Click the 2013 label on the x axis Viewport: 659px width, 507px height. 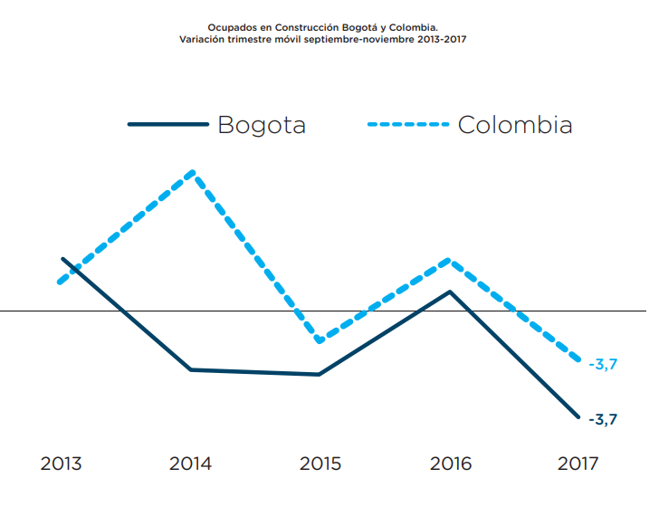[x=61, y=464]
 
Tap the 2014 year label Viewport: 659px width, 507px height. [x=190, y=464]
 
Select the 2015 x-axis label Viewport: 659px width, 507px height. [x=320, y=464]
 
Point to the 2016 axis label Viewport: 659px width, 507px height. [x=450, y=464]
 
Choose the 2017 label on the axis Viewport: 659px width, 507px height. [x=578, y=464]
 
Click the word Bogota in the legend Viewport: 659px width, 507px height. [x=262, y=124]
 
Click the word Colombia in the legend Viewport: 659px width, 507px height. [x=515, y=124]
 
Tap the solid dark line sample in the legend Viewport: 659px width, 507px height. [x=168, y=124]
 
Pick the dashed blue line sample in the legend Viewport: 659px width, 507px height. [x=408, y=124]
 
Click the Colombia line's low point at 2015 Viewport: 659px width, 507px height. [x=320, y=340]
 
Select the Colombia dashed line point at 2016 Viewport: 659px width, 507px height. [x=450, y=261]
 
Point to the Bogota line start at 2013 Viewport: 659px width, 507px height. [x=62, y=259]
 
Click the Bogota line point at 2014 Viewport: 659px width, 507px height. [x=191, y=369]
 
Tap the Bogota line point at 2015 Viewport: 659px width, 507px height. [x=320, y=374]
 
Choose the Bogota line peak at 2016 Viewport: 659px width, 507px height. [x=450, y=292]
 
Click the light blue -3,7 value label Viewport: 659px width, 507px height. [x=603, y=364]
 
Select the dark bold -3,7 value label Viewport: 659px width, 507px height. [x=603, y=419]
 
